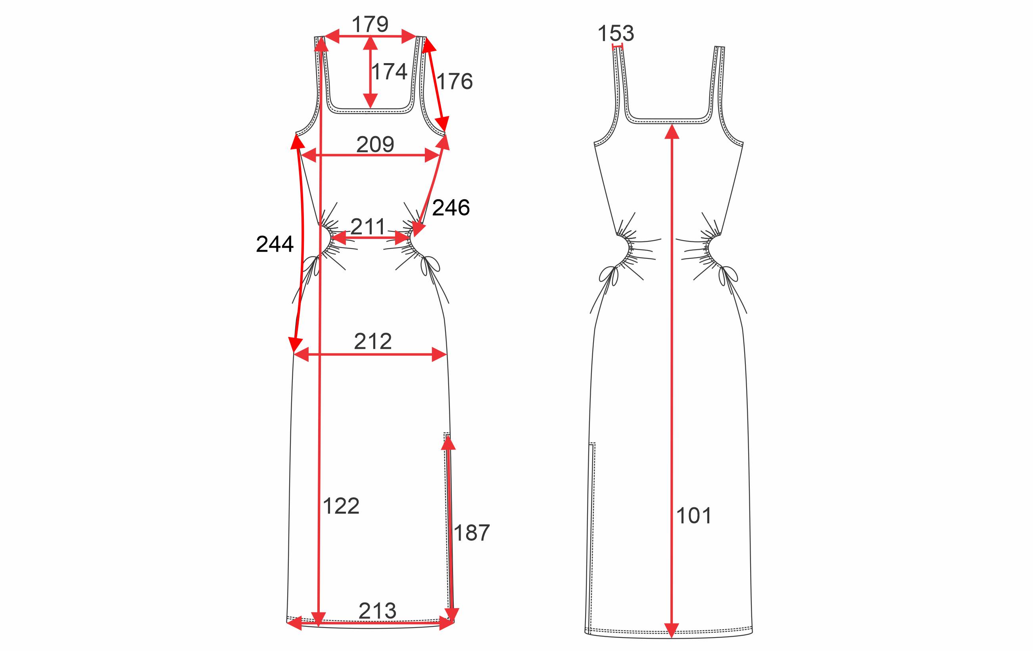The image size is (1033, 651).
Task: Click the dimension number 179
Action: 370,24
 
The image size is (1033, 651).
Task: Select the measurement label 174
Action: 389,72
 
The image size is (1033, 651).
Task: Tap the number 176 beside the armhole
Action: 455,81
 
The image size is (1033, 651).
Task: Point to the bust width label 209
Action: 375,144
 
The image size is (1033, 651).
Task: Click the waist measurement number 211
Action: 368,227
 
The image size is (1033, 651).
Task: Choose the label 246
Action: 451,208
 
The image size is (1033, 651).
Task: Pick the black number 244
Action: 275,244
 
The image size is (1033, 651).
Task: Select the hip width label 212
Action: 373,342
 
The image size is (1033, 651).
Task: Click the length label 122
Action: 341,507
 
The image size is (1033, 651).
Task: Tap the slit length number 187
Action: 471,533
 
